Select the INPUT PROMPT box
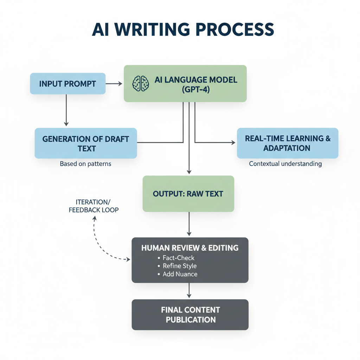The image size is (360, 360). (x=67, y=84)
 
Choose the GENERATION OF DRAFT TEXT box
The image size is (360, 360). (x=86, y=143)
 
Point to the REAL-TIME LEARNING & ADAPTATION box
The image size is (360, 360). (x=288, y=143)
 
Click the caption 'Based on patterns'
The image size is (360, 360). (x=85, y=164)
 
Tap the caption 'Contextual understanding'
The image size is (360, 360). (x=285, y=164)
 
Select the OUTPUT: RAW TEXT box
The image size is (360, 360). (x=188, y=194)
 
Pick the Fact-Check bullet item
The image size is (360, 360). (x=178, y=258)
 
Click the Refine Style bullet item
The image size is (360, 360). (x=179, y=266)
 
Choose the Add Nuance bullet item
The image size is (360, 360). (x=180, y=274)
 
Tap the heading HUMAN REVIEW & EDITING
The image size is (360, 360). (x=190, y=248)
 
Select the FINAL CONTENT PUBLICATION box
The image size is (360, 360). (x=190, y=315)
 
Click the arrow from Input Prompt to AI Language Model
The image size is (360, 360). (x=114, y=84)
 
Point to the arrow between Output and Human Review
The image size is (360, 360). (x=189, y=224)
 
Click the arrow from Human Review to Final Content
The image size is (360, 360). (x=189, y=291)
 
